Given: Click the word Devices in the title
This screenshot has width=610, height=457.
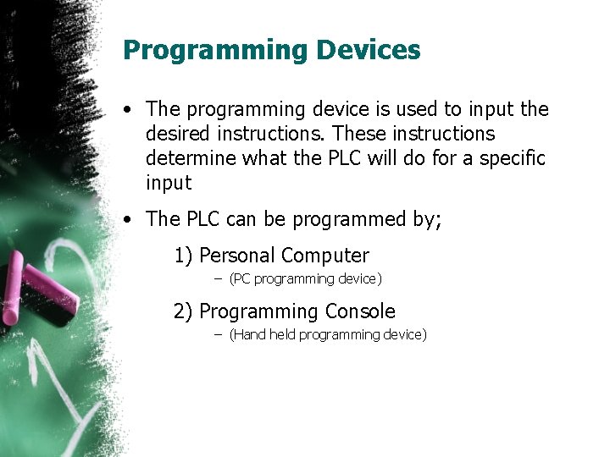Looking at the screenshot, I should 369,50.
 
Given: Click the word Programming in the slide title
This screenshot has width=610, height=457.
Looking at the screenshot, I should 215,52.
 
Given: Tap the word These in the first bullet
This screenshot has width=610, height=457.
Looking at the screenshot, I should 358,134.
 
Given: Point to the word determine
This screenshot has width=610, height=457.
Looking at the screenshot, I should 188,158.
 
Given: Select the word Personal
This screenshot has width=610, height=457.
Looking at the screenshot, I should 236,256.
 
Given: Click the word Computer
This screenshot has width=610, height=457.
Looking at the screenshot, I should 325,256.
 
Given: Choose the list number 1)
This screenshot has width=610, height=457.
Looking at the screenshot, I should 183,256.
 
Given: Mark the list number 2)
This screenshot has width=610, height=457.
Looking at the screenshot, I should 183,311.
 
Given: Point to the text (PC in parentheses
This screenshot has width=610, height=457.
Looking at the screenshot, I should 240,279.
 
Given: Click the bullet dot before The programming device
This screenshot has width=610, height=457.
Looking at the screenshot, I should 125,110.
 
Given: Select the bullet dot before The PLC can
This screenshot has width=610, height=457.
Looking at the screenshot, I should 125,219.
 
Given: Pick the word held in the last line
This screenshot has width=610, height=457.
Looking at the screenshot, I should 282,335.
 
